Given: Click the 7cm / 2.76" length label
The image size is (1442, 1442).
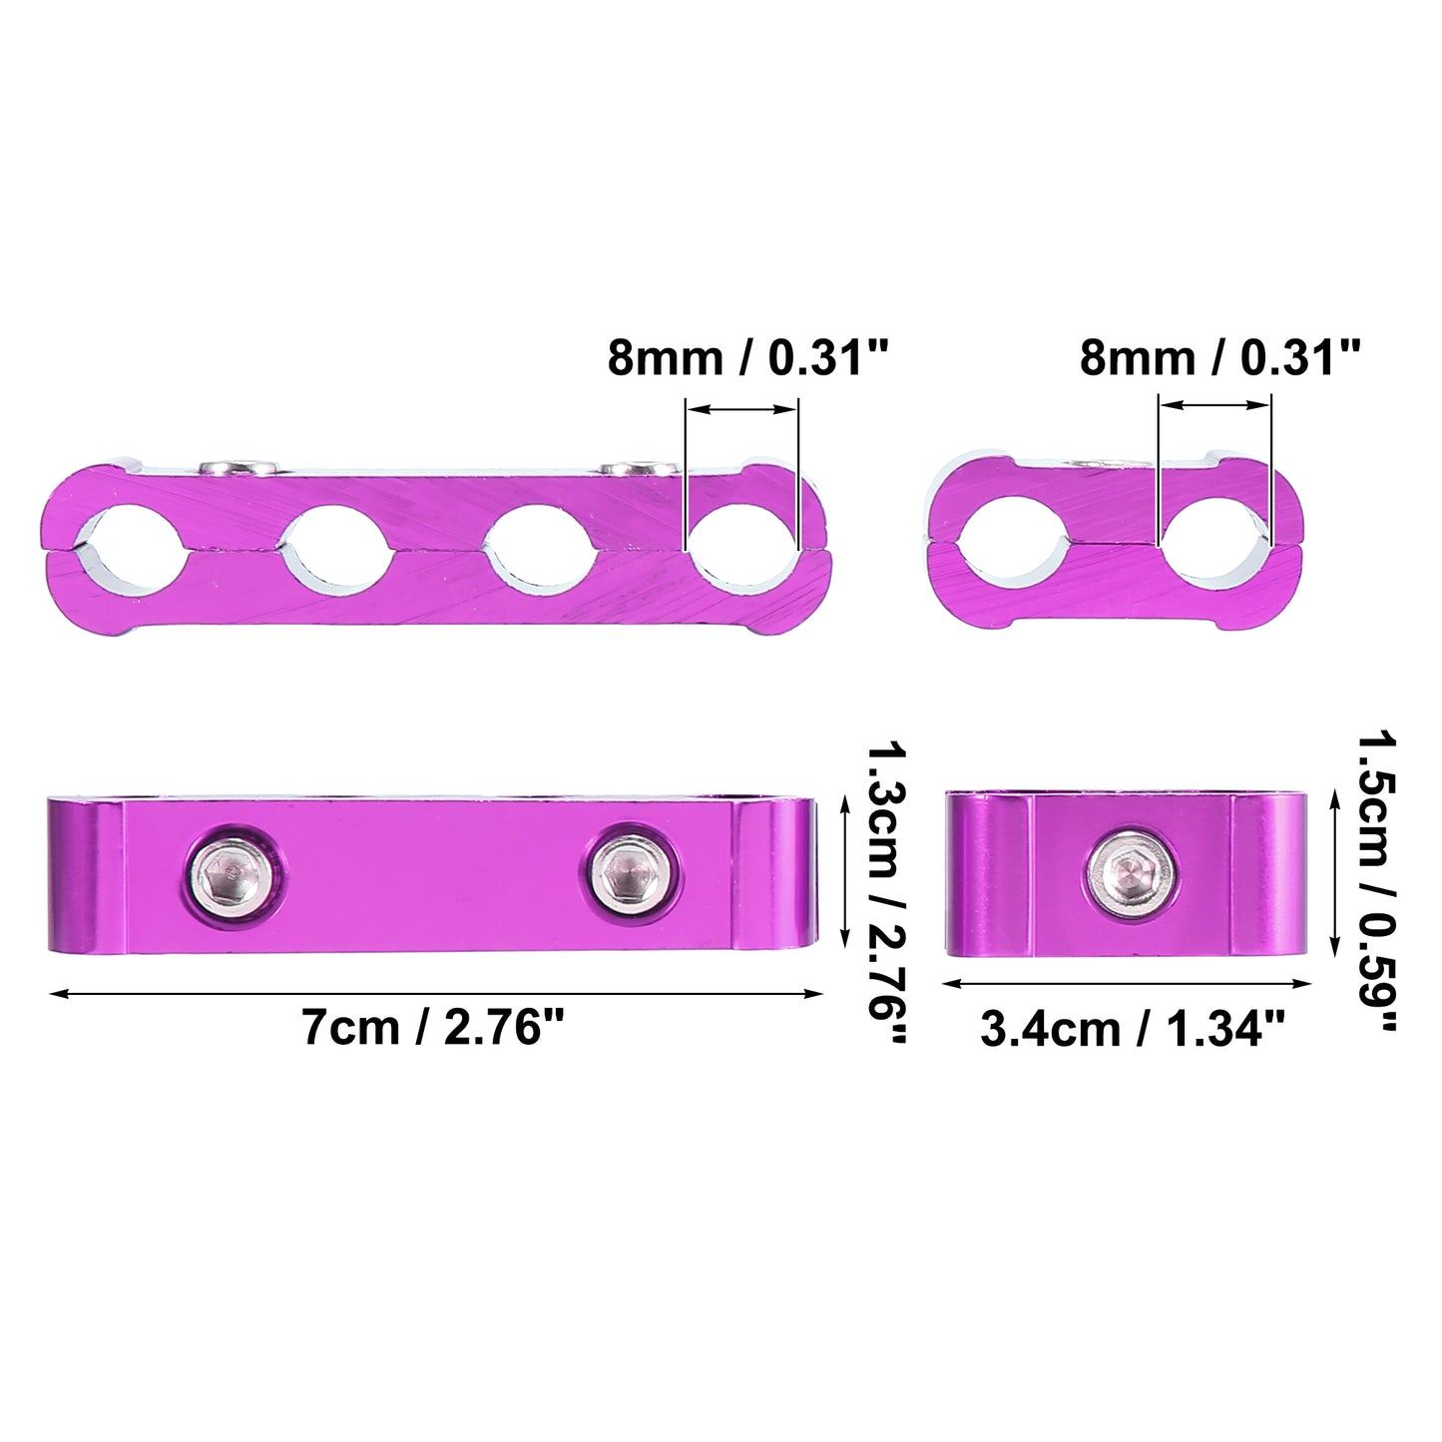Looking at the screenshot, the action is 432,1028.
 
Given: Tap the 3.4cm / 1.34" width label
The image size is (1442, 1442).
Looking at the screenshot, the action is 1133,1030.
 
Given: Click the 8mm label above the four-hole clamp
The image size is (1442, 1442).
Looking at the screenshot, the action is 746,357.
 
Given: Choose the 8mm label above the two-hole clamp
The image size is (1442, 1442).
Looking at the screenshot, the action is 1219,357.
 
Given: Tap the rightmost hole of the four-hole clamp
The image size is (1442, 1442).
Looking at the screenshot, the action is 743,549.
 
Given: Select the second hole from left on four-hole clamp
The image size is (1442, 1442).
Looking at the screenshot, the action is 335,549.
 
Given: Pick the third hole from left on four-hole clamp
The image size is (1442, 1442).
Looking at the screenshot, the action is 540,549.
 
